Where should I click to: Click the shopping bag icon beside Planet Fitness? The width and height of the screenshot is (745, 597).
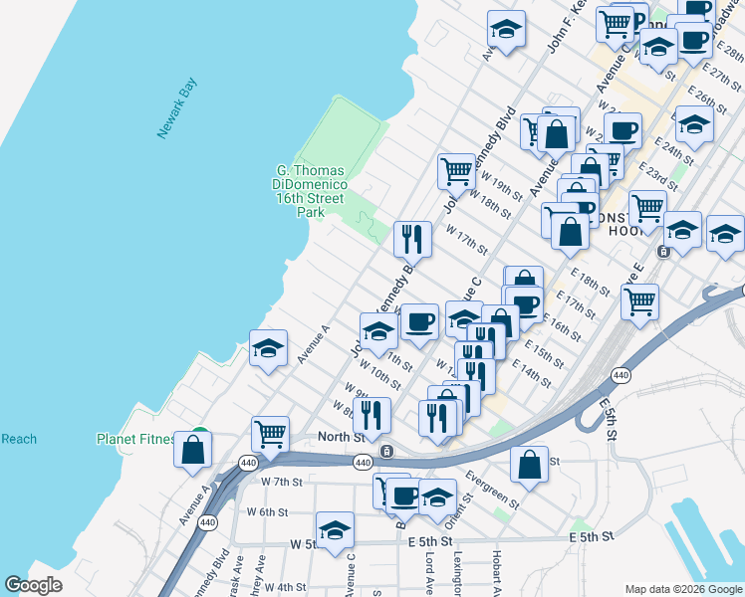(x=192, y=450)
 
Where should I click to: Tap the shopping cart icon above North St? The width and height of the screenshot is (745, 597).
(x=270, y=434)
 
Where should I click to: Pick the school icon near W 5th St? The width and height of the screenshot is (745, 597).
(x=335, y=530)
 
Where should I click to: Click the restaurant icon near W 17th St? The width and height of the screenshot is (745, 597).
(x=412, y=239)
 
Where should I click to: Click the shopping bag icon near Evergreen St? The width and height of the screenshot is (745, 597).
(x=530, y=464)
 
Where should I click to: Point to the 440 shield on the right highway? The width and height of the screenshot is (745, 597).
(x=621, y=375)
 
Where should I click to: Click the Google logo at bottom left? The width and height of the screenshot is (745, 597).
(x=33, y=585)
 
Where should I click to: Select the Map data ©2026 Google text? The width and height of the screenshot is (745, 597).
(x=682, y=589)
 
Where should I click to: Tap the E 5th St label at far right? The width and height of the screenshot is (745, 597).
(x=590, y=536)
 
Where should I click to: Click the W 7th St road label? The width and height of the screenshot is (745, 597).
(x=281, y=482)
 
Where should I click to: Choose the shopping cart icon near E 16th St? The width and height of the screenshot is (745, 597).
(x=639, y=300)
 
